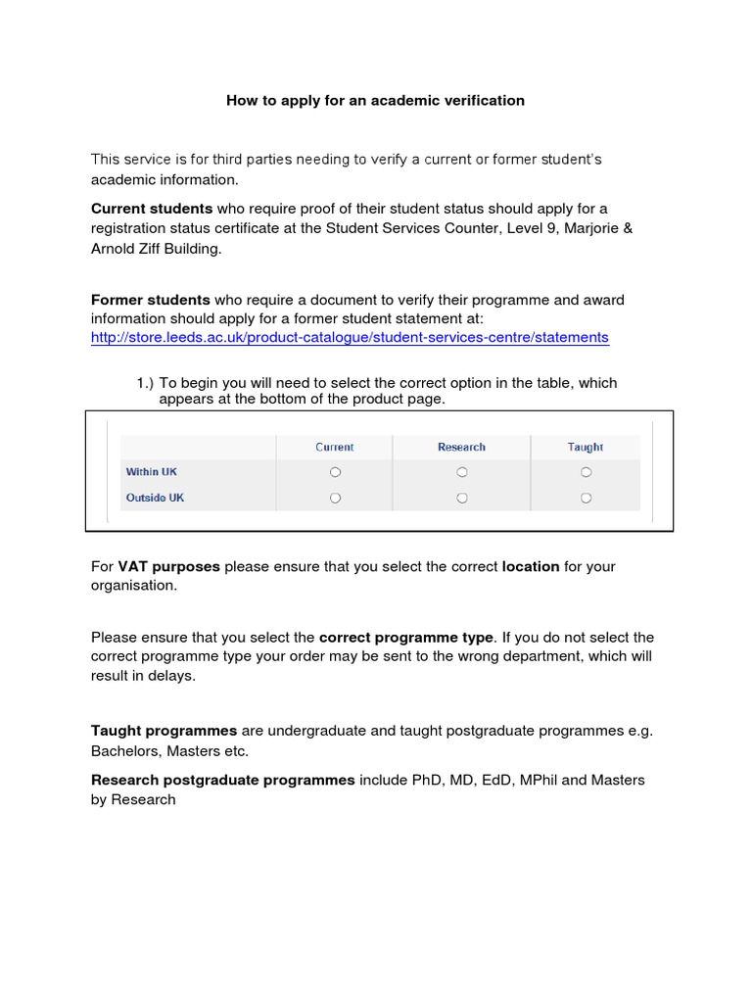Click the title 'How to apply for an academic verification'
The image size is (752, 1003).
[x=376, y=100]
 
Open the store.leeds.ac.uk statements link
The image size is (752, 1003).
[x=350, y=338]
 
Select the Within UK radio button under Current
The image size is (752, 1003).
[x=335, y=472]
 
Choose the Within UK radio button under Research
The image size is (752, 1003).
[x=462, y=472]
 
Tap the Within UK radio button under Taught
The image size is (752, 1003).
[x=586, y=472]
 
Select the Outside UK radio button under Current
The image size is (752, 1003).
[x=335, y=498]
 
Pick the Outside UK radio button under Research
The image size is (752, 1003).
[x=462, y=498]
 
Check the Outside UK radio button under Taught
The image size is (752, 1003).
[x=586, y=498]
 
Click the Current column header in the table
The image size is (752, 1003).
[x=335, y=447]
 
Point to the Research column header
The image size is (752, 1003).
[x=461, y=447]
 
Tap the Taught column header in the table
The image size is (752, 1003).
[x=586, y=447]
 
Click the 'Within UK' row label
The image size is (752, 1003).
[x=152, y=472]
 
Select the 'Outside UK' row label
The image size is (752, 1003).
[x=155, y=498]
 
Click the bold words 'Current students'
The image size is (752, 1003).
[x=152, y=209]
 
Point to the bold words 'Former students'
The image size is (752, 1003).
[x=151, y=300]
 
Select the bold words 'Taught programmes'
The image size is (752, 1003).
[x=164, y=731]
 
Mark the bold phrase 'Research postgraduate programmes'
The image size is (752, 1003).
[x=223, y=780]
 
